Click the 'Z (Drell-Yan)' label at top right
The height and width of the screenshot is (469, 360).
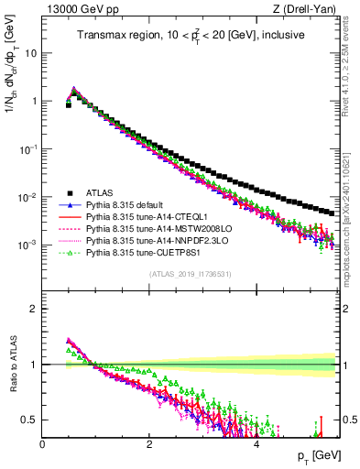pos(308,9)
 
